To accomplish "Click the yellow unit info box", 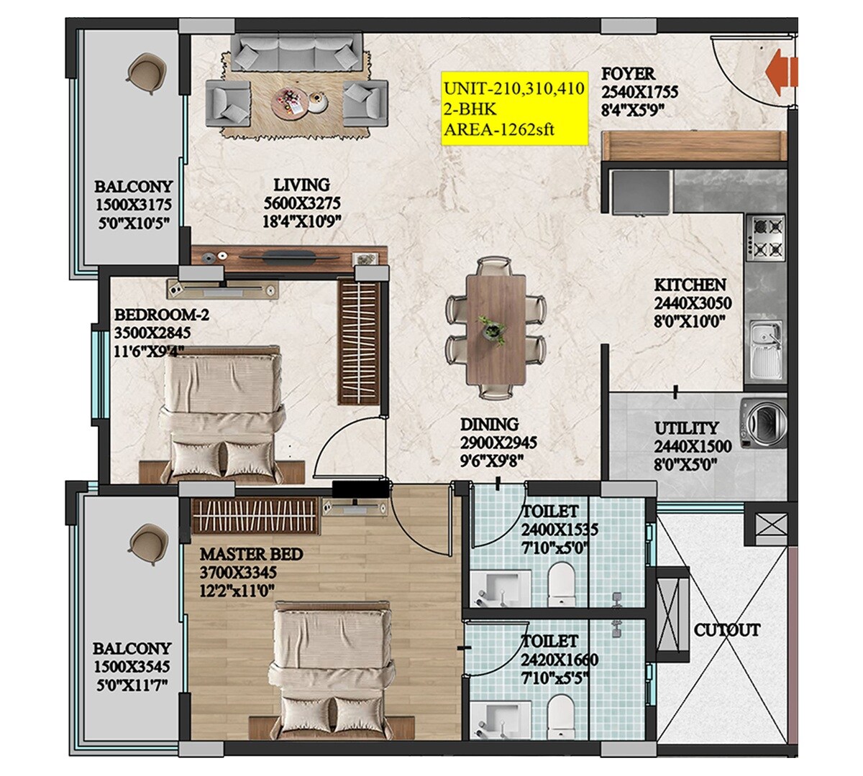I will [x=513, y=110].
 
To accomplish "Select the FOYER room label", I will [x=628, y=74].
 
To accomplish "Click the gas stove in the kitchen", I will [x=766, y=236].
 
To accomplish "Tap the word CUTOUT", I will [x=726, y=630].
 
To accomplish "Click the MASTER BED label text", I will [x=251, y=555].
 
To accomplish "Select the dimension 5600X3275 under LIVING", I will [x=301, y=203].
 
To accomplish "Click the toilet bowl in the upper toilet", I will [x=560, y=582].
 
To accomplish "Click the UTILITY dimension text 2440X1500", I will [x=693, y=446].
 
